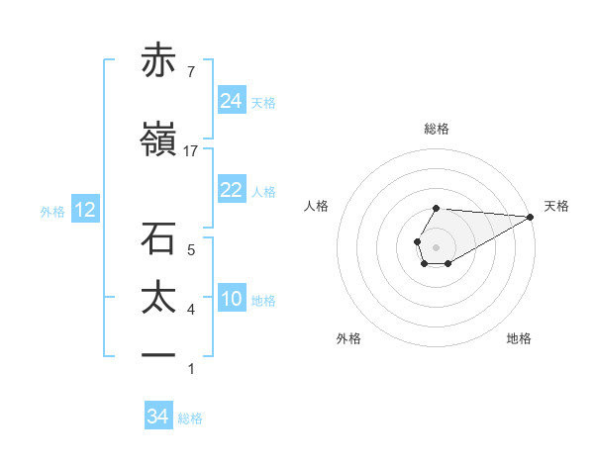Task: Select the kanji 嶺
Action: pyautogui.click(x=158, y=142)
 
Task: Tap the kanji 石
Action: pyautogui.click(x=158, y=239)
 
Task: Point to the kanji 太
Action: pyautogui.click(x=158, y=298)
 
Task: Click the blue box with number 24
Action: pyautogui.click(x=232, y=100)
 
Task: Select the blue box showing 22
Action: pyautogui.click(x=232, y=190)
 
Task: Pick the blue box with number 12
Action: pyautogui.click(x=84, y=210)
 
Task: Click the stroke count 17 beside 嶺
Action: pyautogui.click(x=191, y=151)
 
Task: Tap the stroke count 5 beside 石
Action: pyautogui.click(x=191, y=250)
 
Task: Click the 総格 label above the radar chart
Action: pyautogui.click(x=437, y=129)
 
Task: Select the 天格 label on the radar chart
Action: pyautogui.click(x=556, y=206)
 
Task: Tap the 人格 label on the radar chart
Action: pyautogui.click(x=317, y=206)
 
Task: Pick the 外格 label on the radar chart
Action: pyautogui.click(x=348, y=338)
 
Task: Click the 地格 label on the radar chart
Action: pyautogui.click(x=519, y=338)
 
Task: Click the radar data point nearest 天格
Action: pyautogui.click(x=532, y=217)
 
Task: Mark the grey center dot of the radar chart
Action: pyautogui.click(x=436, y=245)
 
